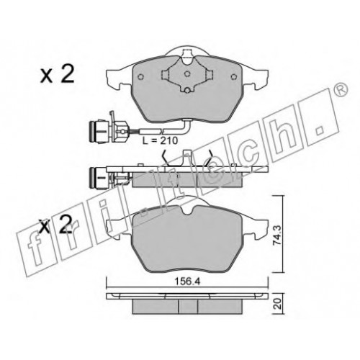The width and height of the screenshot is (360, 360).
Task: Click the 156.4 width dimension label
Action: point(187,282)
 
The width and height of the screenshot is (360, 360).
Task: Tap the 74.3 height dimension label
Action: point(277,235)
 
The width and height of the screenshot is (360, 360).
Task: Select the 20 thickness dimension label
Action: point(277,304)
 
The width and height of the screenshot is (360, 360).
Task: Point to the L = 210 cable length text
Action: point(160,140)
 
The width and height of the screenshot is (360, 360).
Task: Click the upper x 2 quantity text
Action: point(57,74)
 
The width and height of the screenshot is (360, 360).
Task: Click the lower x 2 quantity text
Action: point(55,225)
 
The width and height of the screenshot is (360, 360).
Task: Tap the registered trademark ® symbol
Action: point(341,89)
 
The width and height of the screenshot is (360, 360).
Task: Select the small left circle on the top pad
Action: point(141,77)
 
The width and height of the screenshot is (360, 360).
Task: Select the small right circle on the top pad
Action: point(233,77)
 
